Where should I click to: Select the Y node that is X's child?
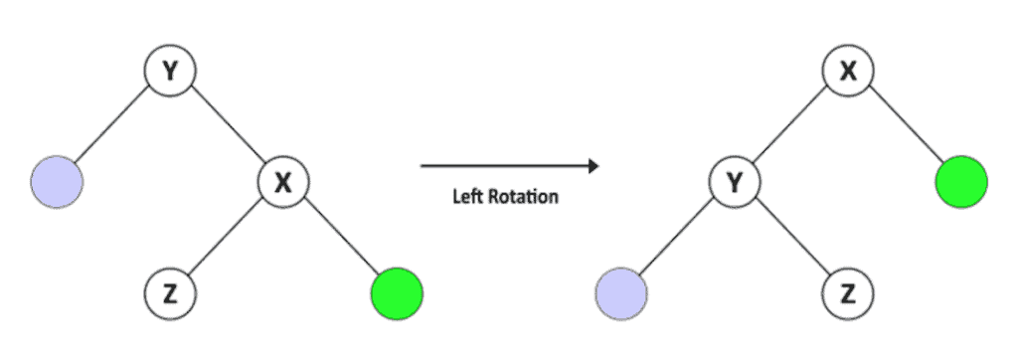pos(736,183)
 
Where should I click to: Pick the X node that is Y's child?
pos(283,183)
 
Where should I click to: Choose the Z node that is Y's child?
pos(849,294)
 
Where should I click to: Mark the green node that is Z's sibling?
pos(396,294)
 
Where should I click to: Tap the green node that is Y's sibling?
pos(961,183)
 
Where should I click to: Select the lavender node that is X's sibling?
pos(57,183)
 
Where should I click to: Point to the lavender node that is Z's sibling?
pos(621,294)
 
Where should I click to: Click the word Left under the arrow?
pos(469,197)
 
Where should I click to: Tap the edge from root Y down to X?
pos(226,127)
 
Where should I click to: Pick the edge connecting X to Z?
pos(226,239)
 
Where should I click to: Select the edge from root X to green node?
pos(905,127)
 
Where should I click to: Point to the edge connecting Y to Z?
pos(792,239)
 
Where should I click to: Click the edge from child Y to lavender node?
pos(679,239)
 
